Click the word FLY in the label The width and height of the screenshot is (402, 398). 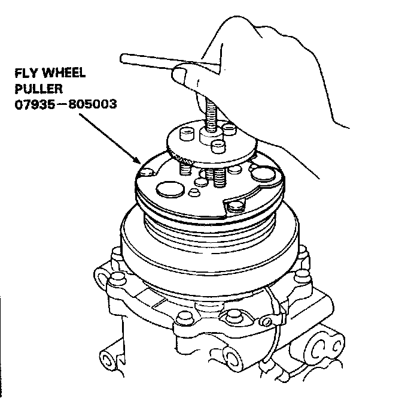pos(26,74)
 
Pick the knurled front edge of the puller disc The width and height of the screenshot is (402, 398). pos(197,161)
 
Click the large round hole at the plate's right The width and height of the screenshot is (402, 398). pos(263,175)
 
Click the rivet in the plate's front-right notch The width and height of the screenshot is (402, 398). pos(237,207)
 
